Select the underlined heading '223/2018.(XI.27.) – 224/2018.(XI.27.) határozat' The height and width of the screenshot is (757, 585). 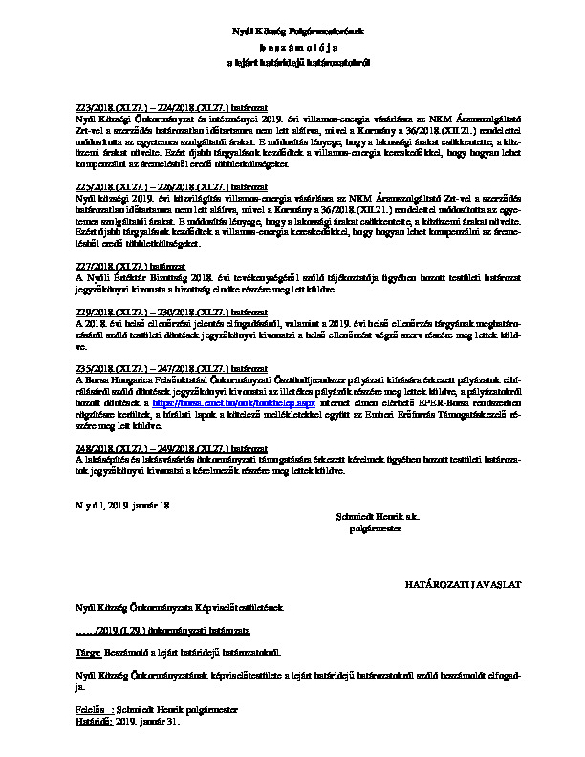coord(170,107)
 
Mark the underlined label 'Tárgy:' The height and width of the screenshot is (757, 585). coord(87,653)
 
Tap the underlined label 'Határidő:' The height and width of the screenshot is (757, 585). coord(94,723)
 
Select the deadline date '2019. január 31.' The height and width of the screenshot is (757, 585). coord(147,723)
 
